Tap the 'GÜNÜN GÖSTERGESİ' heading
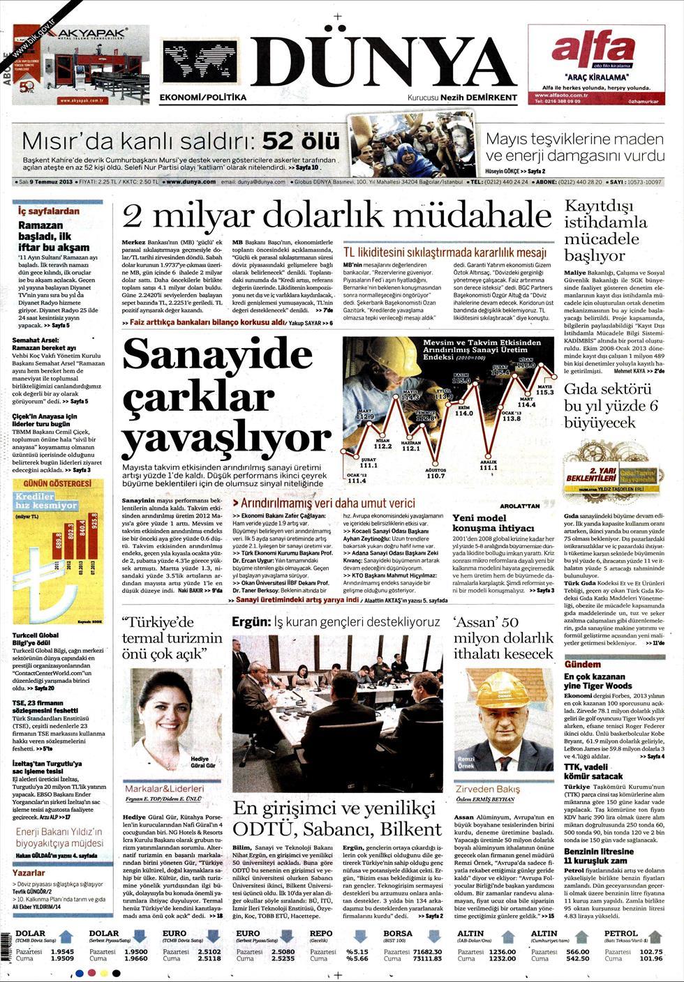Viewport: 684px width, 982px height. [58, 484]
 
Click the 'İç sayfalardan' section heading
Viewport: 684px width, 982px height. [49, 211]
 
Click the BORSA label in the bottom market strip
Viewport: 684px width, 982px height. [399, 933]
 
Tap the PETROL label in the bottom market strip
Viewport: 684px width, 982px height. [620, 933]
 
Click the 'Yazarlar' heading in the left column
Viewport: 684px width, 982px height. [29, 873]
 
